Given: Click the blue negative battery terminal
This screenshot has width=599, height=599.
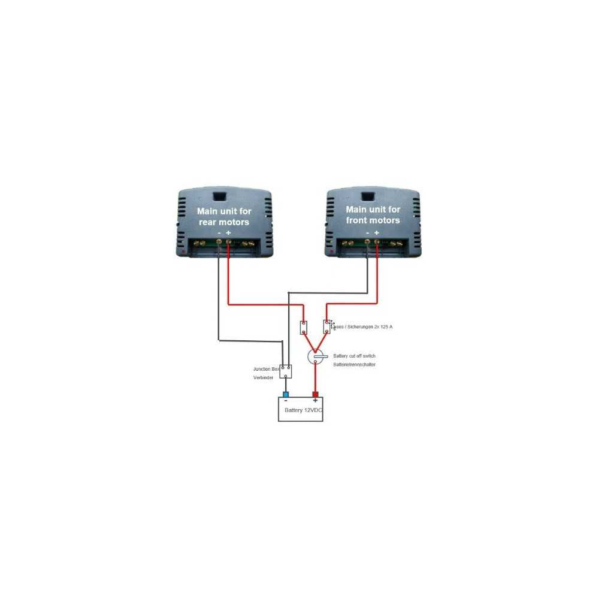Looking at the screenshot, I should tap(286, 394).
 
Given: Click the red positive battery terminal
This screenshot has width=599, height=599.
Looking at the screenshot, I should tap(315, 394).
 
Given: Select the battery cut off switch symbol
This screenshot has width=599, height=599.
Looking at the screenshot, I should tap(316, 357).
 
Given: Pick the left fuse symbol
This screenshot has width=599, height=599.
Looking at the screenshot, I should tap(304, 327).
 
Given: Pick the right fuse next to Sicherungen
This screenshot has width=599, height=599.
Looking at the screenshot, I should tap(326, 327).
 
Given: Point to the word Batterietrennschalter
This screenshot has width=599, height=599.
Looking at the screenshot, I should tap(354, 364).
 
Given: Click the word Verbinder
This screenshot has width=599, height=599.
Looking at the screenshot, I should tap(263, 379).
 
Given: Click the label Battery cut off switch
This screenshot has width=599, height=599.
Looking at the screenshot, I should tap(354, 356).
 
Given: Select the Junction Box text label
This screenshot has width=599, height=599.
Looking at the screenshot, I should tap(266, 370).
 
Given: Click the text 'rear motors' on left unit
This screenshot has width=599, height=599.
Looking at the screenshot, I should tap(224, 222).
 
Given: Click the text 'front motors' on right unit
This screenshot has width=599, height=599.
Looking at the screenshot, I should tap(373, 220).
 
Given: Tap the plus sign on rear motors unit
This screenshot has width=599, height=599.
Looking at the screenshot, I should tap(228, 232).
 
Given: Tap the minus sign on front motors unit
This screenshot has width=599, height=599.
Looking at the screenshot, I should tap(367, 232).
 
